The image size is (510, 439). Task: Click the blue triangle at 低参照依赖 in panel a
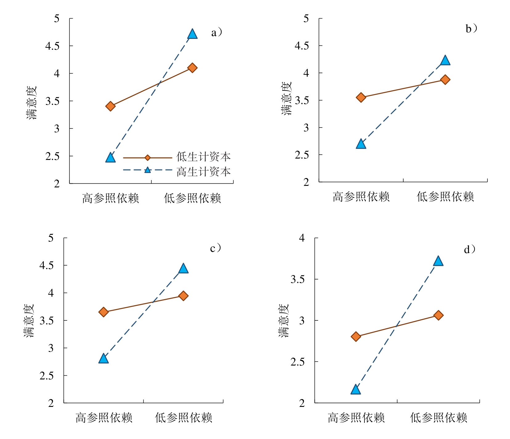[x=192, y=34]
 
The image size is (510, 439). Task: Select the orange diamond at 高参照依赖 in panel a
[x=110, y=107]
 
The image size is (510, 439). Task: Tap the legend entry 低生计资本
[x=204, y=157]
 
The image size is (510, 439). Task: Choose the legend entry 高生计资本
[x=204, y=172]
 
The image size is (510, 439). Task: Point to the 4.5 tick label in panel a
[x=52, y=46]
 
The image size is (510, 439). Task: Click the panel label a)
[x=216, y=32]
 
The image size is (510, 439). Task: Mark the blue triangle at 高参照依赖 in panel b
[x=361, y=144]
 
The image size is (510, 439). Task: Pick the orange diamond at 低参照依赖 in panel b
[x=445, y=80]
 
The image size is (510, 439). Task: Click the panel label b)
[x=471, y=29]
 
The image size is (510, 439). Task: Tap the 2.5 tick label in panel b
[x=302, y=155]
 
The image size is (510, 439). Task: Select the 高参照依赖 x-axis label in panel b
[x=361, y=197]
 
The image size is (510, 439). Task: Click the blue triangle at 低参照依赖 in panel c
[x=183, y=269]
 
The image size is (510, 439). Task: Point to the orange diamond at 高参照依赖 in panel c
[x=104, y=312]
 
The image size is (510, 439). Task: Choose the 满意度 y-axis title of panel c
[x=29, y=320]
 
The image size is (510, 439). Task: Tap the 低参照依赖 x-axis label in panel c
[x=183, y=418]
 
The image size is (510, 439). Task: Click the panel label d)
[x=469, y=249]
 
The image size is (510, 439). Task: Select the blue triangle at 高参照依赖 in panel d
[x=356, y=390]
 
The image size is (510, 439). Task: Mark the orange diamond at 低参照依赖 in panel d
[x=438, y=315]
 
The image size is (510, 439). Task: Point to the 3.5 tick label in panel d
[x=297, y=279]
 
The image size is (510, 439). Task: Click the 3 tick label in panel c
[x=51, y=348]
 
